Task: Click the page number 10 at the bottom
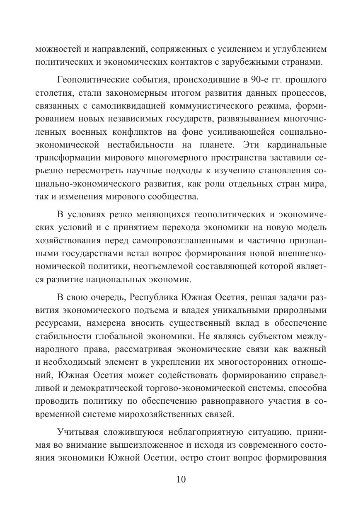(x=181, y=480)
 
